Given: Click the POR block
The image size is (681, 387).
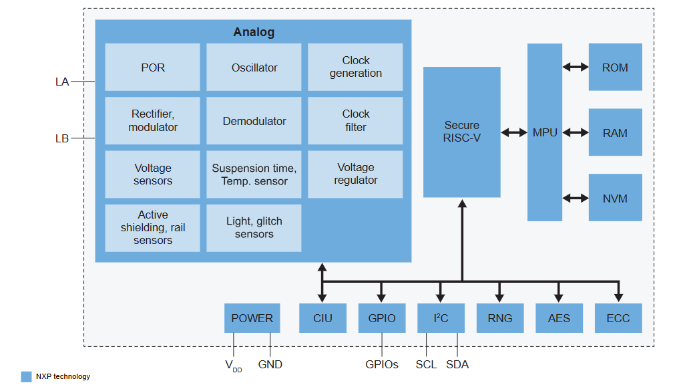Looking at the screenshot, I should coord(152,68).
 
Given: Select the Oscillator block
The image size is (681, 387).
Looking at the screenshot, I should coord(254,68).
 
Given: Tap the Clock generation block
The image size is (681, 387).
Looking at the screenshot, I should coord(355,68).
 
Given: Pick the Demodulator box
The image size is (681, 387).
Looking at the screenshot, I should coord(254,121).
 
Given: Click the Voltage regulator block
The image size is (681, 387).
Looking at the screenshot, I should coord(355,174).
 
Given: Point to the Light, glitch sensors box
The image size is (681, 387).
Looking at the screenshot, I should coord(254,227).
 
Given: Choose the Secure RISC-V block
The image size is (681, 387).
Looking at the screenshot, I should coord(461,132).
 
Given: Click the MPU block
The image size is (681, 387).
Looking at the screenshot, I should coord(544,132).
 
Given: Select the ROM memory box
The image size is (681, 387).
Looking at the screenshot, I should coord(615,68).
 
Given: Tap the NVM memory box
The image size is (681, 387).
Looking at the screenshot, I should coord(615,198).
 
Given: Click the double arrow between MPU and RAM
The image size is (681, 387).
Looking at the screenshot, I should coord(575,132).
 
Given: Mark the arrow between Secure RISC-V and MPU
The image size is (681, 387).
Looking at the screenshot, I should coord(514,132).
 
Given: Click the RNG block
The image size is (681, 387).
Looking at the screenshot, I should coord(500,318).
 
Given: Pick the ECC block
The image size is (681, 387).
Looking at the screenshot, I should coord(618,318).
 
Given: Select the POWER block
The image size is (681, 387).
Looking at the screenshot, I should coord(252,318).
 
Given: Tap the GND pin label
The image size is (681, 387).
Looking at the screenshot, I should coord(270,364).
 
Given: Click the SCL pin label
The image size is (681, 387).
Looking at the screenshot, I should coord(426,364).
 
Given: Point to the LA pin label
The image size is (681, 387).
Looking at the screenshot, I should coord(62,82).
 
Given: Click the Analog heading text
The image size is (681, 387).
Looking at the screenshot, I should coord(254,32).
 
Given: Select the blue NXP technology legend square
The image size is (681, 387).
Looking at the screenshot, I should coord(26,376).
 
